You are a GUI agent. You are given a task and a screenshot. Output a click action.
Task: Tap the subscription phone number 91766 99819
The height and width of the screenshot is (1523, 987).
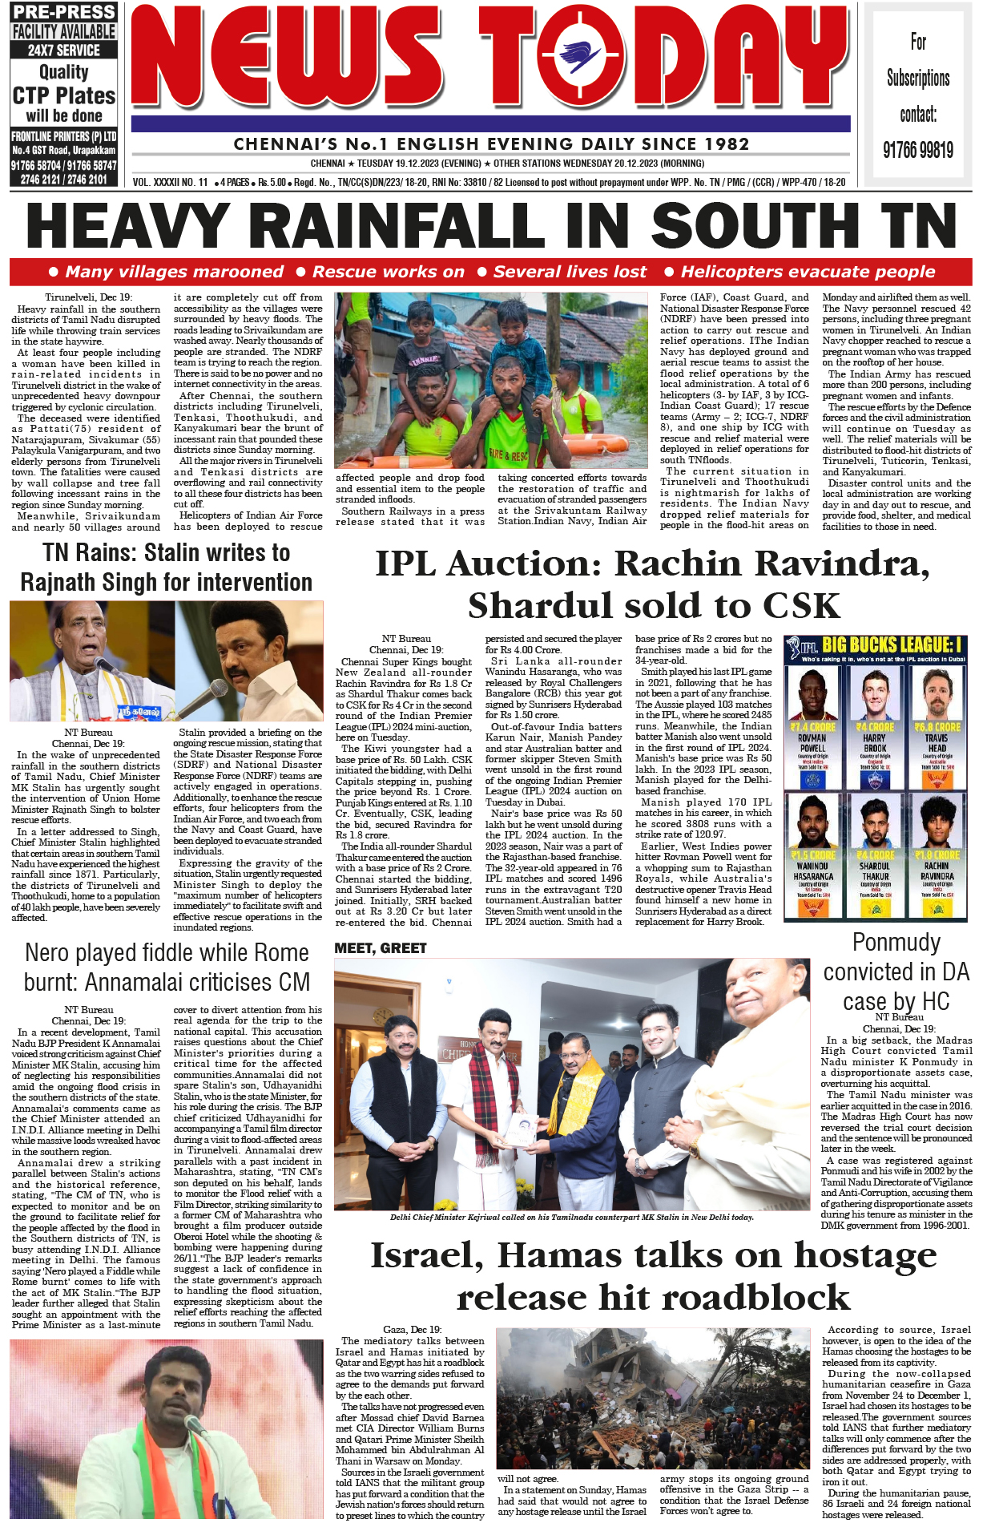pos(917,150)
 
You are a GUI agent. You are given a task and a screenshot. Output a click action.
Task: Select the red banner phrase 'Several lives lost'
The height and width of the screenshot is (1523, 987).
pos(569,272)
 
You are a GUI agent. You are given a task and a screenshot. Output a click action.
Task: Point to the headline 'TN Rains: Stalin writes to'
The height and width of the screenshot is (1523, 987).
pos(167,553)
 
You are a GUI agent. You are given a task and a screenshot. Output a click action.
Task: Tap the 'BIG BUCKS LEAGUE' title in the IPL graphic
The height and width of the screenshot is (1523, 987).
pos(891,645)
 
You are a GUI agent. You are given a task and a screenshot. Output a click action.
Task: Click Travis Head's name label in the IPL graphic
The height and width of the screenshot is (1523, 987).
pos(937,743)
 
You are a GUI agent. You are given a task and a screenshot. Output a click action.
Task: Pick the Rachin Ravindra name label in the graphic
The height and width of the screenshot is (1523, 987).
pos(937,871)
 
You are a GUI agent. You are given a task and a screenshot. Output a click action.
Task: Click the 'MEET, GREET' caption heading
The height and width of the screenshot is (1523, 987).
pos(381,948)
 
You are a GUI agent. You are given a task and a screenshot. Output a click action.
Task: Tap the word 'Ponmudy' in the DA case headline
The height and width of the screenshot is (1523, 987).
pos(896,943)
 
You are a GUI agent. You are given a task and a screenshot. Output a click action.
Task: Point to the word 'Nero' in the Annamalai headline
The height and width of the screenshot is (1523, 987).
pos(47,953)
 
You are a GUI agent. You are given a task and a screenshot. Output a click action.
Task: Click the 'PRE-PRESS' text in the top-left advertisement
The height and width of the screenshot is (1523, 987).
pos(64,12)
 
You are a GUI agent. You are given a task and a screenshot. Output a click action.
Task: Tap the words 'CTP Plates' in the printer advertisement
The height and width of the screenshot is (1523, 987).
pos(64,95)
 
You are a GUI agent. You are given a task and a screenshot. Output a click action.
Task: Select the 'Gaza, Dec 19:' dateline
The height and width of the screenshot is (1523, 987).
pos(412,1329)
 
